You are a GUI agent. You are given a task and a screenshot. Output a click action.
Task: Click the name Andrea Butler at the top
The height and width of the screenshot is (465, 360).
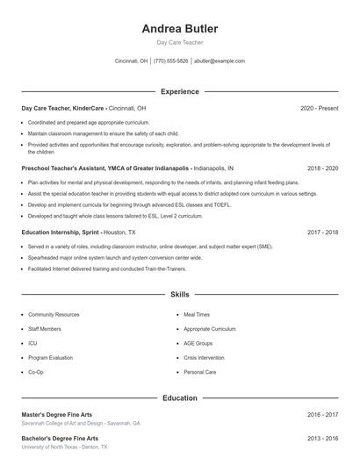click(179, 29)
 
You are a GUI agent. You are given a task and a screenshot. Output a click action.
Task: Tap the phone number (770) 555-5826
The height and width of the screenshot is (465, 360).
click(171, 61)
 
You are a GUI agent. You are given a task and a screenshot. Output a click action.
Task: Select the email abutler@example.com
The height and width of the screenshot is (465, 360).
click(220, 61)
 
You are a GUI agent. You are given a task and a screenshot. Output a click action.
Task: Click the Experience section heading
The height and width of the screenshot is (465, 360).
click(179, 91)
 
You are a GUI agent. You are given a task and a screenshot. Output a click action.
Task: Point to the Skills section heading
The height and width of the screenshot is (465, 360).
click(179, 295)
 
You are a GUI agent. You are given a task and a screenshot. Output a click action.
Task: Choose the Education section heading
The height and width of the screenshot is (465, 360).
click(179, 397)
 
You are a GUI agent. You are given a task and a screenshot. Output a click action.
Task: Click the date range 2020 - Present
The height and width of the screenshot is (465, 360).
click(319, 108)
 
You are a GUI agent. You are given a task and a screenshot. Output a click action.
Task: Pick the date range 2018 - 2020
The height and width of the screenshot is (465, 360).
click(322, 168)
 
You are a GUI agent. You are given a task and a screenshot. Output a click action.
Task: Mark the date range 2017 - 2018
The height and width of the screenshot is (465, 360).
click(322, 232)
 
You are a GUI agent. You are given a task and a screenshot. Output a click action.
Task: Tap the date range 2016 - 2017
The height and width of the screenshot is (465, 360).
click(322, 414)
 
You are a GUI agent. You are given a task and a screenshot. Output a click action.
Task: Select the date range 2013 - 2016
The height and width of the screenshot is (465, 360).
click(322, 438)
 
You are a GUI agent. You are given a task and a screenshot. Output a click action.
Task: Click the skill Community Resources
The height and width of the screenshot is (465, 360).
click(54, 314)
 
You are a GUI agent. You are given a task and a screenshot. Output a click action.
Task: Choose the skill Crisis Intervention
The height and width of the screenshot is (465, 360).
click(205, 358)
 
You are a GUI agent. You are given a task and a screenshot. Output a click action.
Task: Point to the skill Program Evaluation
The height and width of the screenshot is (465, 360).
click(50, 358)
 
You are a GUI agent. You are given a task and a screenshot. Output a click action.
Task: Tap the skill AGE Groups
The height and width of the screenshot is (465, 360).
click(198, 343)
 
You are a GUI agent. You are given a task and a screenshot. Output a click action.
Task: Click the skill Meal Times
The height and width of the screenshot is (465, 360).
click(197, 314)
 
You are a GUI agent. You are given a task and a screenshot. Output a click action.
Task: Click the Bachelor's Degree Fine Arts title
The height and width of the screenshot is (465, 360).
click(60, 438)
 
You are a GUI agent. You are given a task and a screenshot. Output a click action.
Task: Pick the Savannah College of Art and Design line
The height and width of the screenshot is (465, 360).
click(81, 423)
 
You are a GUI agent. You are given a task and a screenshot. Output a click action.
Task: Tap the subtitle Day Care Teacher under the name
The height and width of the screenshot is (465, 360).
click(179, 43)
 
